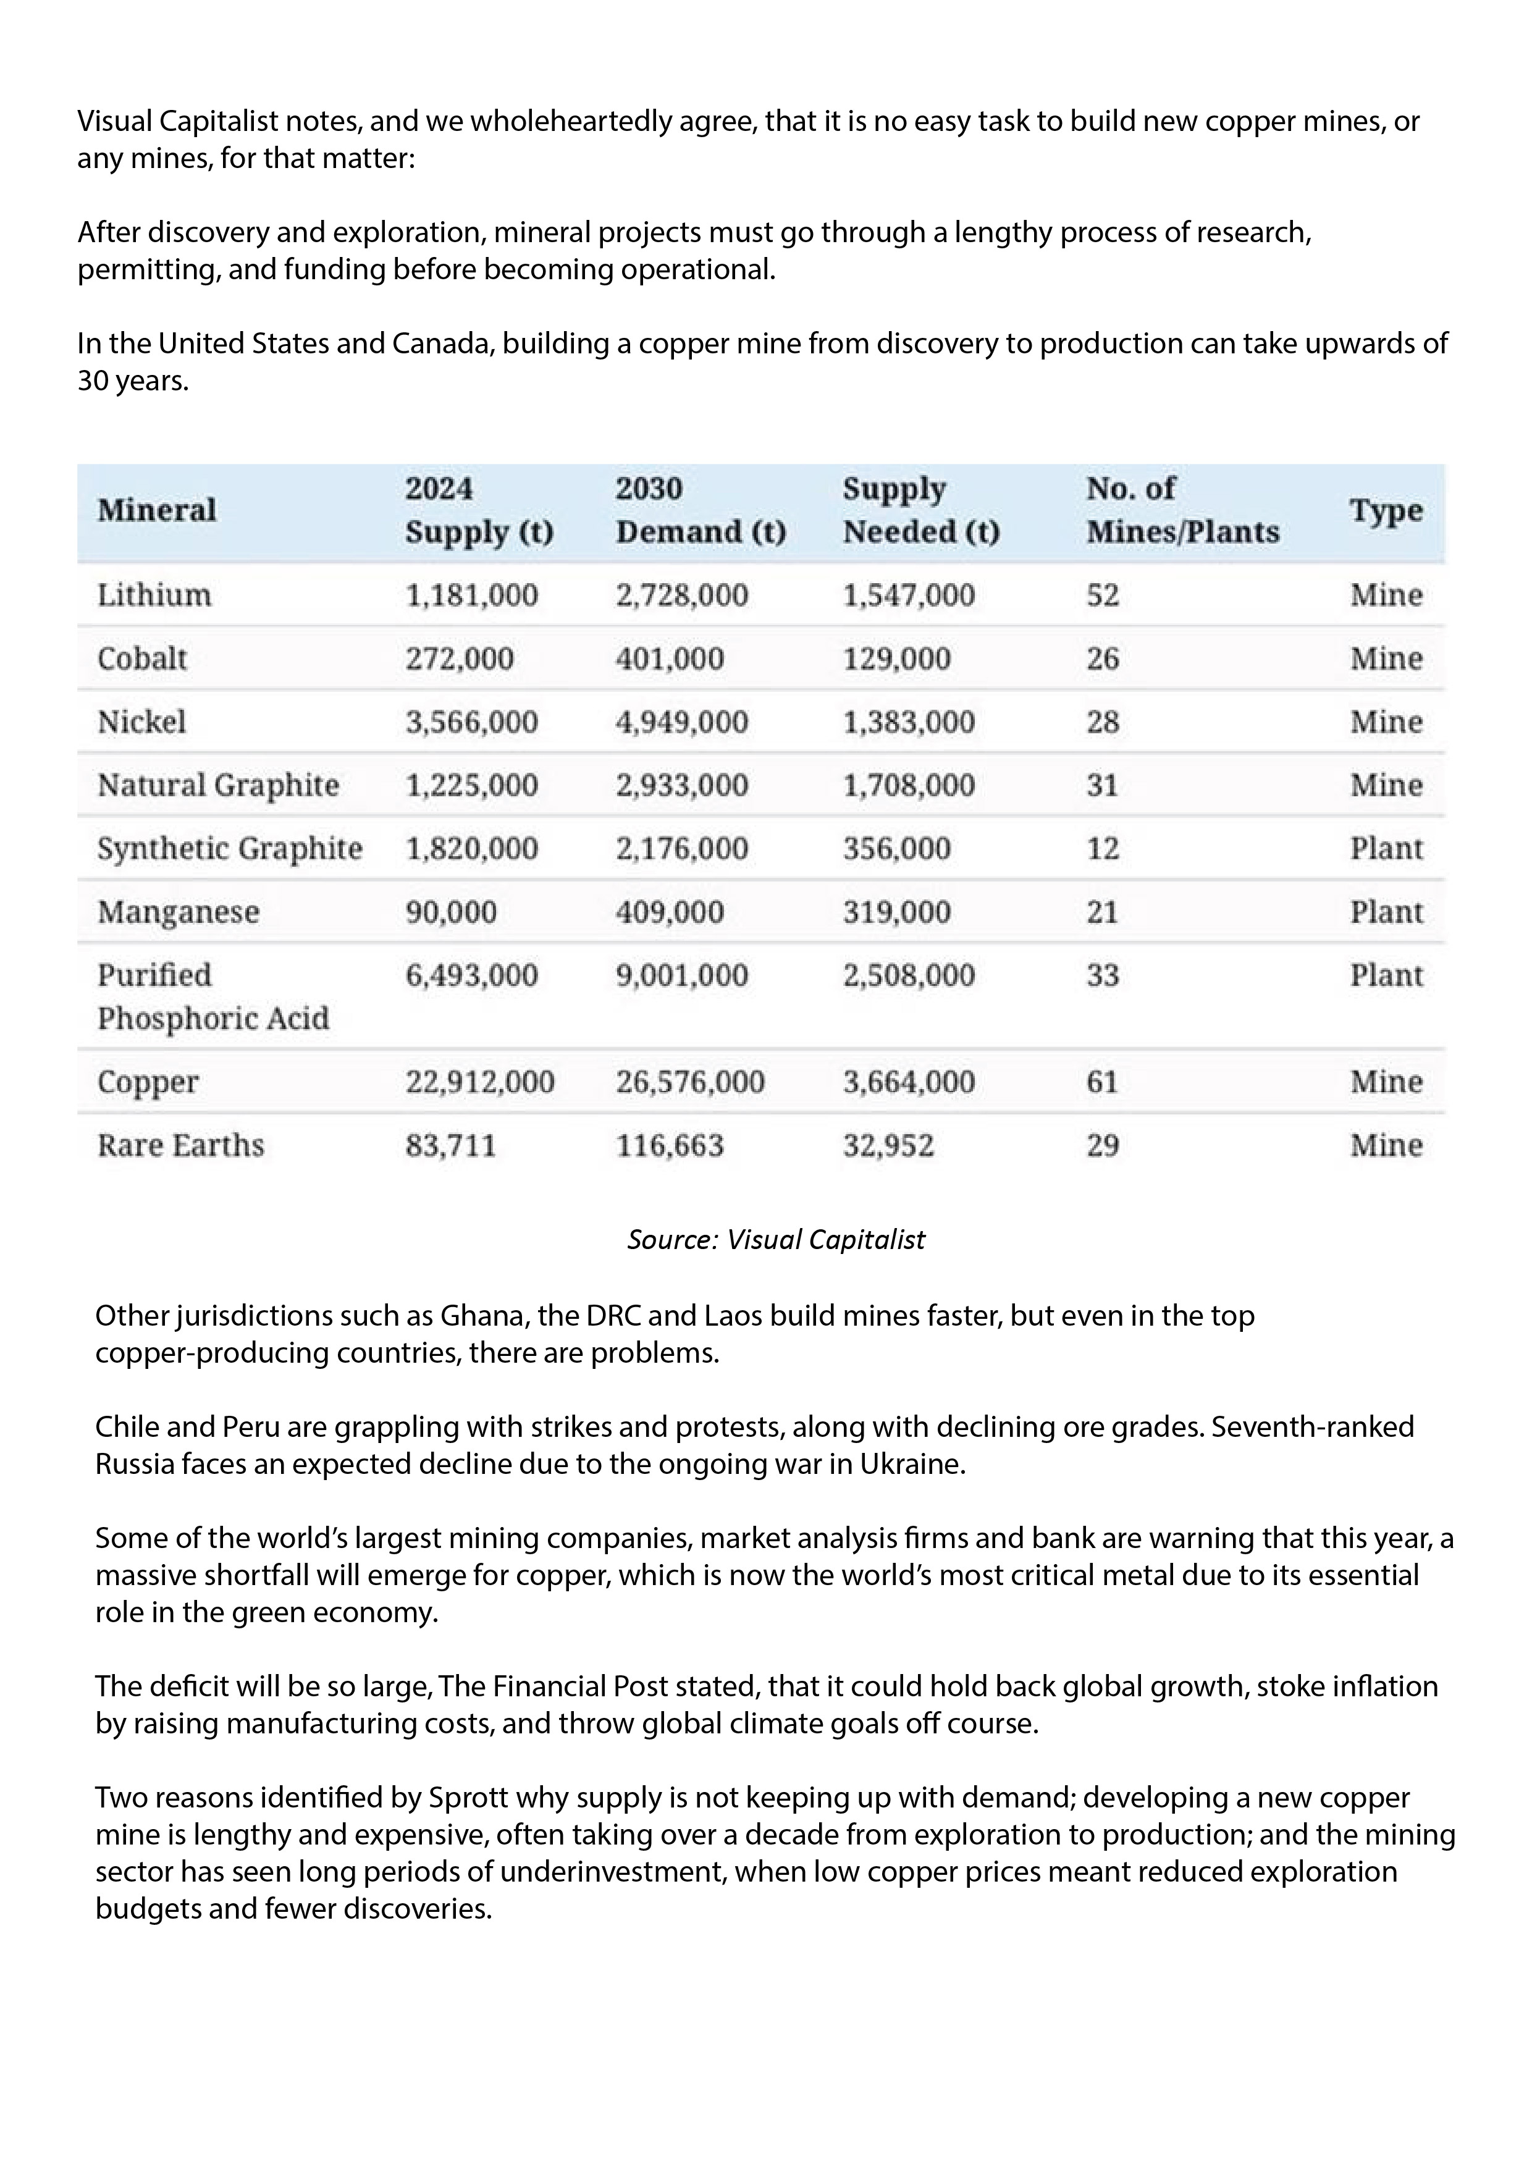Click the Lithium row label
click(x=154, y=595)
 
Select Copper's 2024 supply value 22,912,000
click(x=479, y=1082)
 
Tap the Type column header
click(x=1385, y=511)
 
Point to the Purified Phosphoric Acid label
click(x=213, y=996)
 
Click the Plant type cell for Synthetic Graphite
click(x=1385, y=849)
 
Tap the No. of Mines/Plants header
click(x=1182, y=511)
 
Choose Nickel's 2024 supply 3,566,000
click(x=471, y=722)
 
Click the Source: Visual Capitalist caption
click(x=776, y=1239)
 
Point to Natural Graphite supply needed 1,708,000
click(x=908, y=785)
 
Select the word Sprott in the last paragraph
click(x=470, y=1798)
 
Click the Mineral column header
click(x=157, y=511)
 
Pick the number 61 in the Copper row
click(x=1101, y=1082)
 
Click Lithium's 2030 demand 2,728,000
click(x=681, y=595)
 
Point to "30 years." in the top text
click(x=133, y=381)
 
